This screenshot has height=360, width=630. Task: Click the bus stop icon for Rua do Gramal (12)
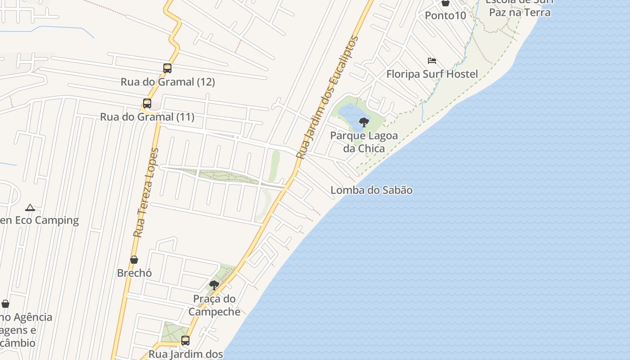[x=167, y=68]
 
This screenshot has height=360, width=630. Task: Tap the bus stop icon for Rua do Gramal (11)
[x=147, y=103]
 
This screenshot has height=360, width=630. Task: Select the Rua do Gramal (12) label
[x=167, y=82]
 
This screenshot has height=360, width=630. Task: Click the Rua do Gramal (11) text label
[x=147, y=117]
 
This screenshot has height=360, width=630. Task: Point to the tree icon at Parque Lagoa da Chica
[x=364, y=122]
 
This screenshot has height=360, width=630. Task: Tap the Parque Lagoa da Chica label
[x=364, y=142]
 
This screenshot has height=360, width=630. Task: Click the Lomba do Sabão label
[x=371, y=190]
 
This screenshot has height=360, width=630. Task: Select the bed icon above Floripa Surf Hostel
[x=432, y=61]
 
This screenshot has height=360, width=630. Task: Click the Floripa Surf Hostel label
[x=432, y=74]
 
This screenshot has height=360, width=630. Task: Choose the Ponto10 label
[x=445, y=15]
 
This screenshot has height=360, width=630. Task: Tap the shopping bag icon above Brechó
[x=134, y=260]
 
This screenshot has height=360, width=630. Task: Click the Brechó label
[x=134, y=273]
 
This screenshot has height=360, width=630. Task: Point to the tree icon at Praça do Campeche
[x=214, y=285]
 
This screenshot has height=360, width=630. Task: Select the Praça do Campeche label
[x=214, y=305]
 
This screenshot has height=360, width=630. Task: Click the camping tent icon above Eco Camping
[x=30, y=207]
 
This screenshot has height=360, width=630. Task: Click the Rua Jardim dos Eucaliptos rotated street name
[x=328, y=98]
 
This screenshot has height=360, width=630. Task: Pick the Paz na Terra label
[x=519, y=12]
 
